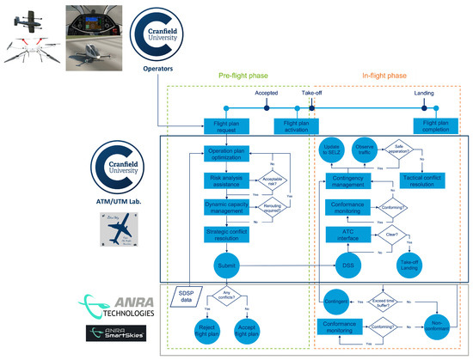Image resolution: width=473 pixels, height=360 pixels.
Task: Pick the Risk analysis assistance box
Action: (x=227, y=182)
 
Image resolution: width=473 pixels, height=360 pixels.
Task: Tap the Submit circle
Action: (x=227, y=266)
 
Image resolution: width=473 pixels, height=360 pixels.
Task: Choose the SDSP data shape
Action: (x=185, y=298)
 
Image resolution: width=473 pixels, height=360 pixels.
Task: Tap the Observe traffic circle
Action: (x=365, y=147)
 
